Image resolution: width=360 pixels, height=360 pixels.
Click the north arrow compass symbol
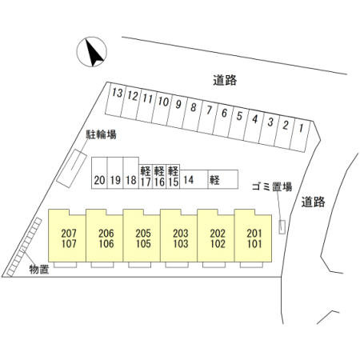pyautogui.click(x=92, y=52)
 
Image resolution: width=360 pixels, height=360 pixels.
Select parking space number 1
pyautogui.click(x=302, y=135)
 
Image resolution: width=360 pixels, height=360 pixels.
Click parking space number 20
pyautogui.click(x=99, y=173)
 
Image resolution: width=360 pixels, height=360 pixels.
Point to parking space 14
pyautogui.click(x=194, y=179)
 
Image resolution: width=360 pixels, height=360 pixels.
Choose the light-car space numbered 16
pyautogui.click(x=159, y=177)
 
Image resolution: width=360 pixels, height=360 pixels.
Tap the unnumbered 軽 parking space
pyautogui.click(x=223, y=179)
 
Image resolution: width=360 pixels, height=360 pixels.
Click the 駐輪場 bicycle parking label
pyautogui.click(x=101, y=134)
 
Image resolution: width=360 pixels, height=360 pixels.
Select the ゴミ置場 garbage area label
pyautogui.click(x=272, y=186)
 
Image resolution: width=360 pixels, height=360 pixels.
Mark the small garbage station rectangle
pyautogui.click(x=282, y=227)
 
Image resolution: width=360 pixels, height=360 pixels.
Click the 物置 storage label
pyautogui.click(x=39, y=270)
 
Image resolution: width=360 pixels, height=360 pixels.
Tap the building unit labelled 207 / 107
pyautogui.click(x=67, y=236)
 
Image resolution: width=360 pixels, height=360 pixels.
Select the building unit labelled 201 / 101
pyautogui.click(x=253, y=236)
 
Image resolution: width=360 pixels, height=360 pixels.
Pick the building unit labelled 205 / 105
pyautogui.click(x=142, y=236)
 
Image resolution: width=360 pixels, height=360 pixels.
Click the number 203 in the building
pyautogui.click(x=181, y=234)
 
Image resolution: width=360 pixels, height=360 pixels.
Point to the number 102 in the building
pyautogui.click(x=218, y=244)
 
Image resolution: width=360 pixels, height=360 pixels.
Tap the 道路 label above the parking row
pyautogui.click(x=225, y=80)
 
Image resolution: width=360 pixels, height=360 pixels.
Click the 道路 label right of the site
pyautogui.click(x=314, y=202)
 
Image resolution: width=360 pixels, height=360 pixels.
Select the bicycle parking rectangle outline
pyautogui.click(x=71, y=169)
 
